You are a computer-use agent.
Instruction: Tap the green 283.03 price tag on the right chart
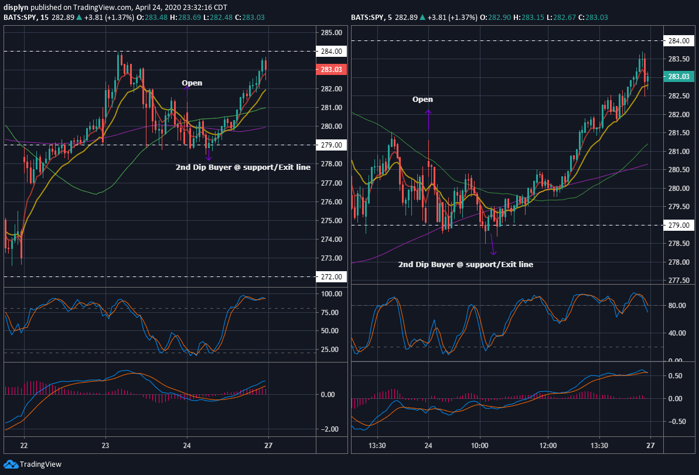678,77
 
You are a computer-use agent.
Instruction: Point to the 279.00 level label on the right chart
678,225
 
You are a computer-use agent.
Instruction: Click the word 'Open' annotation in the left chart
192,83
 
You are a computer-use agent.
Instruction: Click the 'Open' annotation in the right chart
422,99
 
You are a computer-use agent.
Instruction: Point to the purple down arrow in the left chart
209,155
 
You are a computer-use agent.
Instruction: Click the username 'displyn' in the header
16,7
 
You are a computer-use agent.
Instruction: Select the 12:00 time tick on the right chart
548,445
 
